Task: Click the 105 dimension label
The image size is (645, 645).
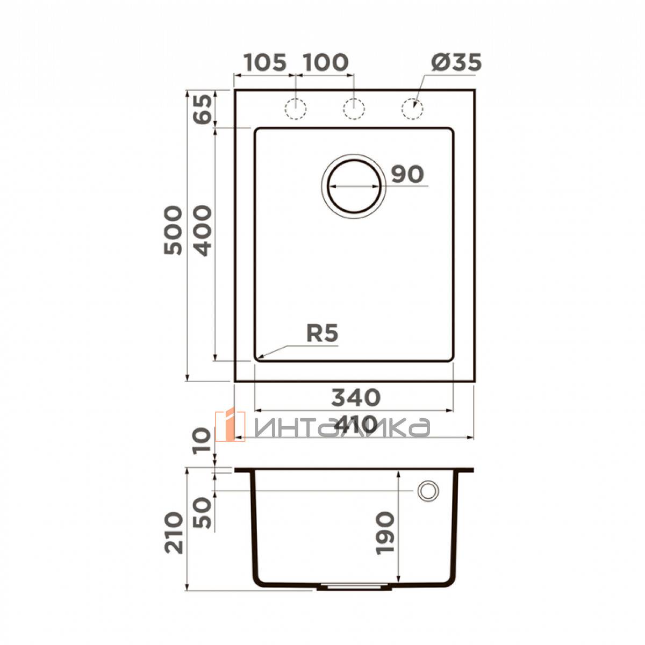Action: [x=265, y=62]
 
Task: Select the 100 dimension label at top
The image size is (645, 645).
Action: [x=326, y=62]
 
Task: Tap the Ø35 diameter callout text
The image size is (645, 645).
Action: [x=456, y=62]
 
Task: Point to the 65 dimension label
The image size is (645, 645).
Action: [x=203, y=109]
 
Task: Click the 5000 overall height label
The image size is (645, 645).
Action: [x=173, y=230]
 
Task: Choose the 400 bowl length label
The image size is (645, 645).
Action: [x=203, y=230]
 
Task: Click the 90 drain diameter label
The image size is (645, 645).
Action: [x=407, y=174]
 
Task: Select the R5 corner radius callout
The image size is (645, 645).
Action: [x=322, y=333]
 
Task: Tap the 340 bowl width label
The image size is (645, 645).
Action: [x=356, y=397]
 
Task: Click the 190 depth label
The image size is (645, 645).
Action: [x=385, y=533]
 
